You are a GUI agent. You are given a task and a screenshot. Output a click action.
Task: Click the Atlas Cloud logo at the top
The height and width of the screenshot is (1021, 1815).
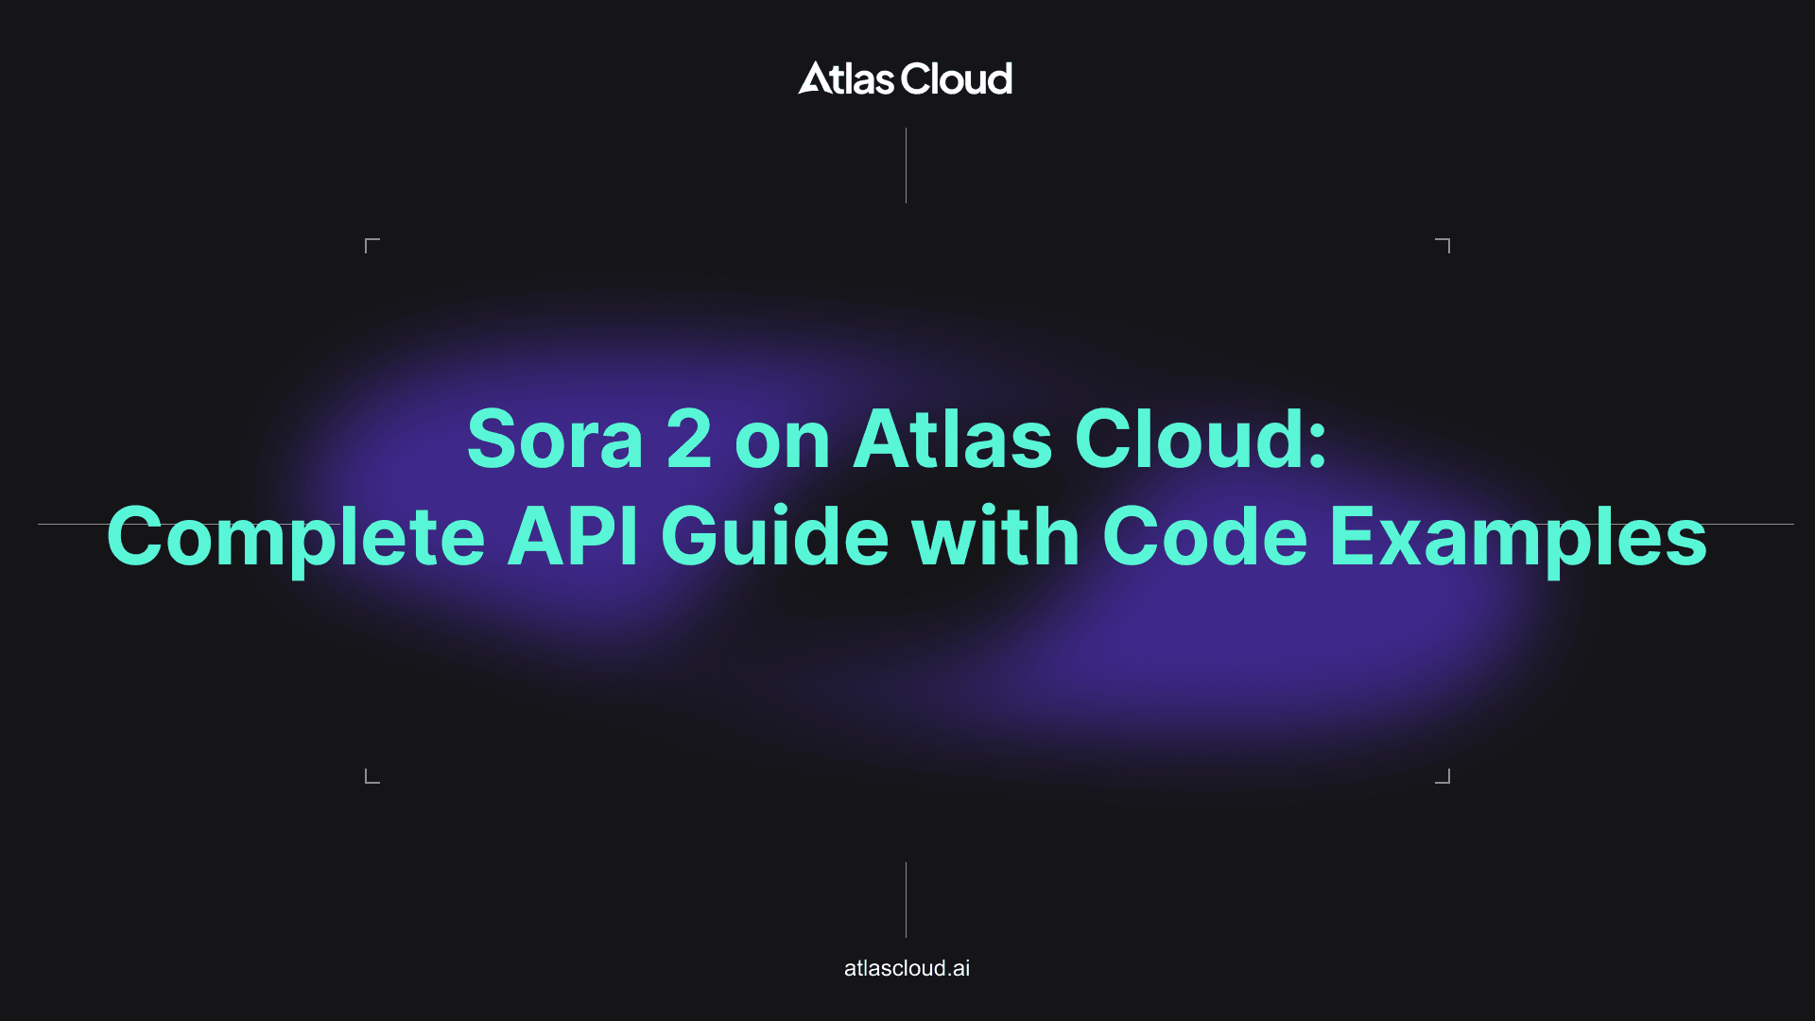pyautogui.click(x=905, y=78)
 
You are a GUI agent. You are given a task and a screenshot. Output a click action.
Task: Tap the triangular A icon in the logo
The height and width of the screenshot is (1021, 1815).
pyautogui.click(x=814, y=78)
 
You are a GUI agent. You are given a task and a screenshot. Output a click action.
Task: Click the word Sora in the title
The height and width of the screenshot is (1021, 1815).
pyautogui.click(x=556, y=440)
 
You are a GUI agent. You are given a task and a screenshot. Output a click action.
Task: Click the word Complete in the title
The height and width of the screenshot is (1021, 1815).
pyautogui.click(x=296, y=537)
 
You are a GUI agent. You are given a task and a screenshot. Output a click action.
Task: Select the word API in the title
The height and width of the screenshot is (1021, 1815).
pyautogui.click(x=573, y=536)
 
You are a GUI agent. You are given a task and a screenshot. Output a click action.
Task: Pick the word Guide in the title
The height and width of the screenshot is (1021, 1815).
pyautogui.click(x=775, y=536)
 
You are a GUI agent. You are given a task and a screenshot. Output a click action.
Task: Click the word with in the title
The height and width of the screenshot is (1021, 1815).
pyautogui.click(x=996, y=536)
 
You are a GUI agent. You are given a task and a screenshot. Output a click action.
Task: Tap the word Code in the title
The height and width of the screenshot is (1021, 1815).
pyautogui.click(x=1205, y=536)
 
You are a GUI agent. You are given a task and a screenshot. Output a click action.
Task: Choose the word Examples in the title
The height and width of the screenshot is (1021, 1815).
pyautogui.click(x=1519, y=537)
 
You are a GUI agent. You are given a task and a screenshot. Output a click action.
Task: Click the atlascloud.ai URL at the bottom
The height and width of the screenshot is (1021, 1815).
pyautogui.click(x=907, y=968)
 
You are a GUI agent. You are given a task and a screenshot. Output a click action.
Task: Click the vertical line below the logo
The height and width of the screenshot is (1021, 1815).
pyautogui.click(x=906, y=165)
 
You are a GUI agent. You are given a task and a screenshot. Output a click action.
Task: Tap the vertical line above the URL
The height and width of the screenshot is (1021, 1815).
pyautogui.click(x=906, y=900)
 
